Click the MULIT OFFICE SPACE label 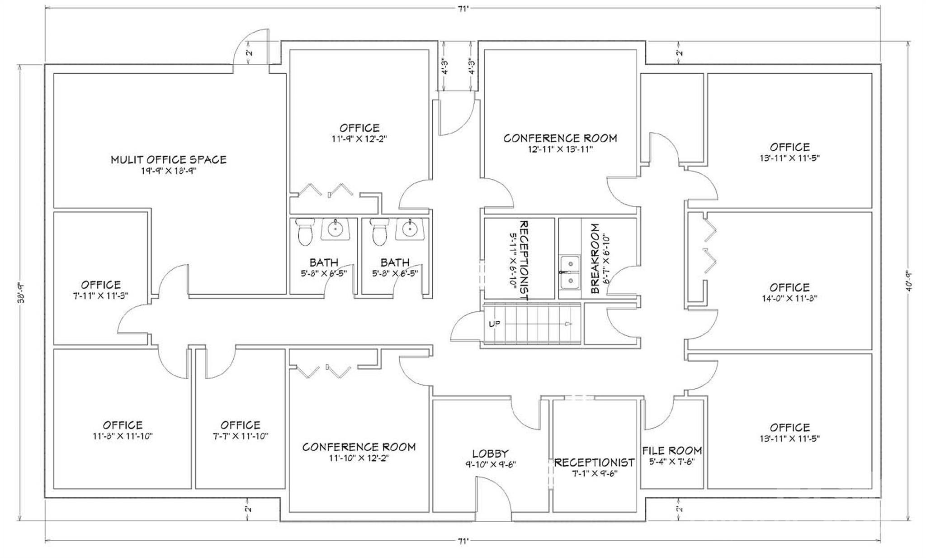click(x=169, y=159)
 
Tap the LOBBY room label click(x=490, y=453)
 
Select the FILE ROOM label click(x=672, y=451)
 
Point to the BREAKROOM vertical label click(x=595, y=258)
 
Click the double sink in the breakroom click(x=570, y=272)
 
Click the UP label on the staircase click(x=495, y=324)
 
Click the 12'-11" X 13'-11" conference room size click(x=560, y=149)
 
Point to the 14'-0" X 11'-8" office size click(x=789, y=298)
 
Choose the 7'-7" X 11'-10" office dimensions click(x=241, y=436)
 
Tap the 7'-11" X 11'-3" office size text click(x=101, y=296)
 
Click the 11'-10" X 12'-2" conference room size click(x=359, y=458)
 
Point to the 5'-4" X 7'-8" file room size click(x=672, y=462)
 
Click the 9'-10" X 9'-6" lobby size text click(x=491, y=464)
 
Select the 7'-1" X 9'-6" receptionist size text click(x=594, y=473)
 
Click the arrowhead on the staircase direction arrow click(x=569, y=324)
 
